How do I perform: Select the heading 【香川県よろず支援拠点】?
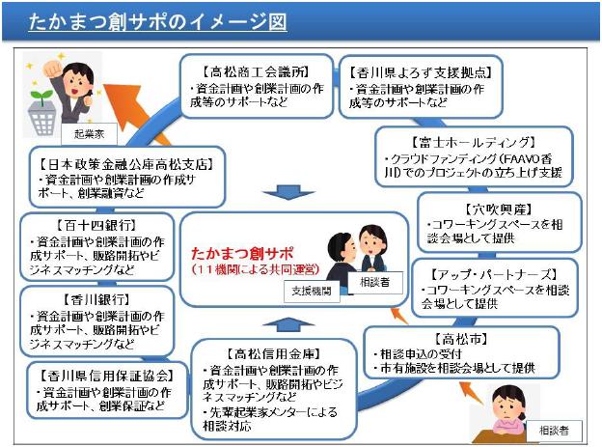click(416, 70)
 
